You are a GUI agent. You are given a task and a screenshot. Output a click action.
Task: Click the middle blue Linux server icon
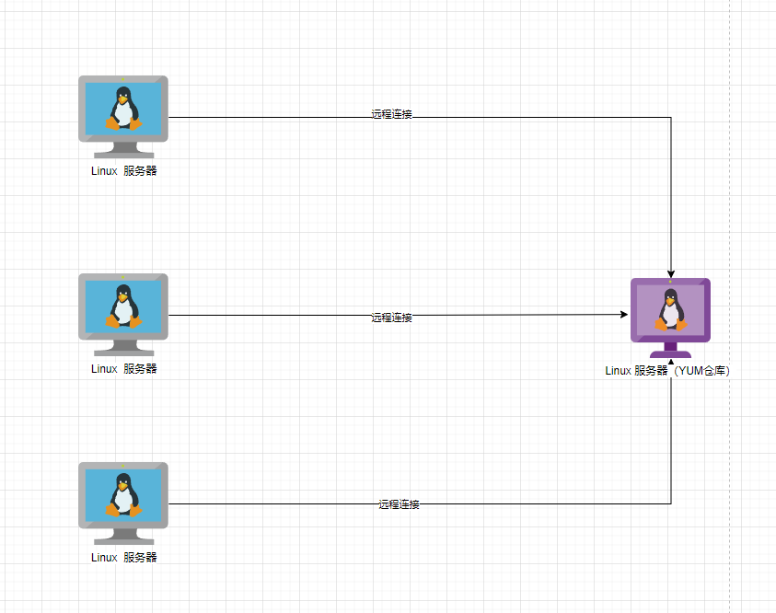[123, 311]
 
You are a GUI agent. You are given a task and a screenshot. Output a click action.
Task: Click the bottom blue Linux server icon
[123, 500]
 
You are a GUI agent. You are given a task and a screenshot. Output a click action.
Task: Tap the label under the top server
[124, 171]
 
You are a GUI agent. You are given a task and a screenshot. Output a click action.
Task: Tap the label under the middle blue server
[124, 369]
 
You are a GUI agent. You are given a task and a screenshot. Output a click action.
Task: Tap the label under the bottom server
[124, 558]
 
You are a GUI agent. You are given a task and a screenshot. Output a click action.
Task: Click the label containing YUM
[667, 372]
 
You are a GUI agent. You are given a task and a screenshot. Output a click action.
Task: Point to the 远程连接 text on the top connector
[391, 115]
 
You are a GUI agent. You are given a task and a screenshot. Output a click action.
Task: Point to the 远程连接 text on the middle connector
[391, 318]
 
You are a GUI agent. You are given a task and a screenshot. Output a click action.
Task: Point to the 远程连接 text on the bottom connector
[399, 505]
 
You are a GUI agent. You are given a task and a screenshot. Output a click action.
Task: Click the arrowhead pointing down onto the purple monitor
[671, 273]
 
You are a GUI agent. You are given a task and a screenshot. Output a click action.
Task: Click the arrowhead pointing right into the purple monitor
[623, 315]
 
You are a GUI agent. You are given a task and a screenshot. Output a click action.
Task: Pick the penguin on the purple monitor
[670, 310]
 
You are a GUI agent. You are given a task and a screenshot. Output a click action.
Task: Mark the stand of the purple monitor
[670, 350]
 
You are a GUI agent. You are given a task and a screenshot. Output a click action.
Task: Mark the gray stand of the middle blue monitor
[123, 348]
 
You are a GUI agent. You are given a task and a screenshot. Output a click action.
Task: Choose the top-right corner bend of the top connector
[671, 118]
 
